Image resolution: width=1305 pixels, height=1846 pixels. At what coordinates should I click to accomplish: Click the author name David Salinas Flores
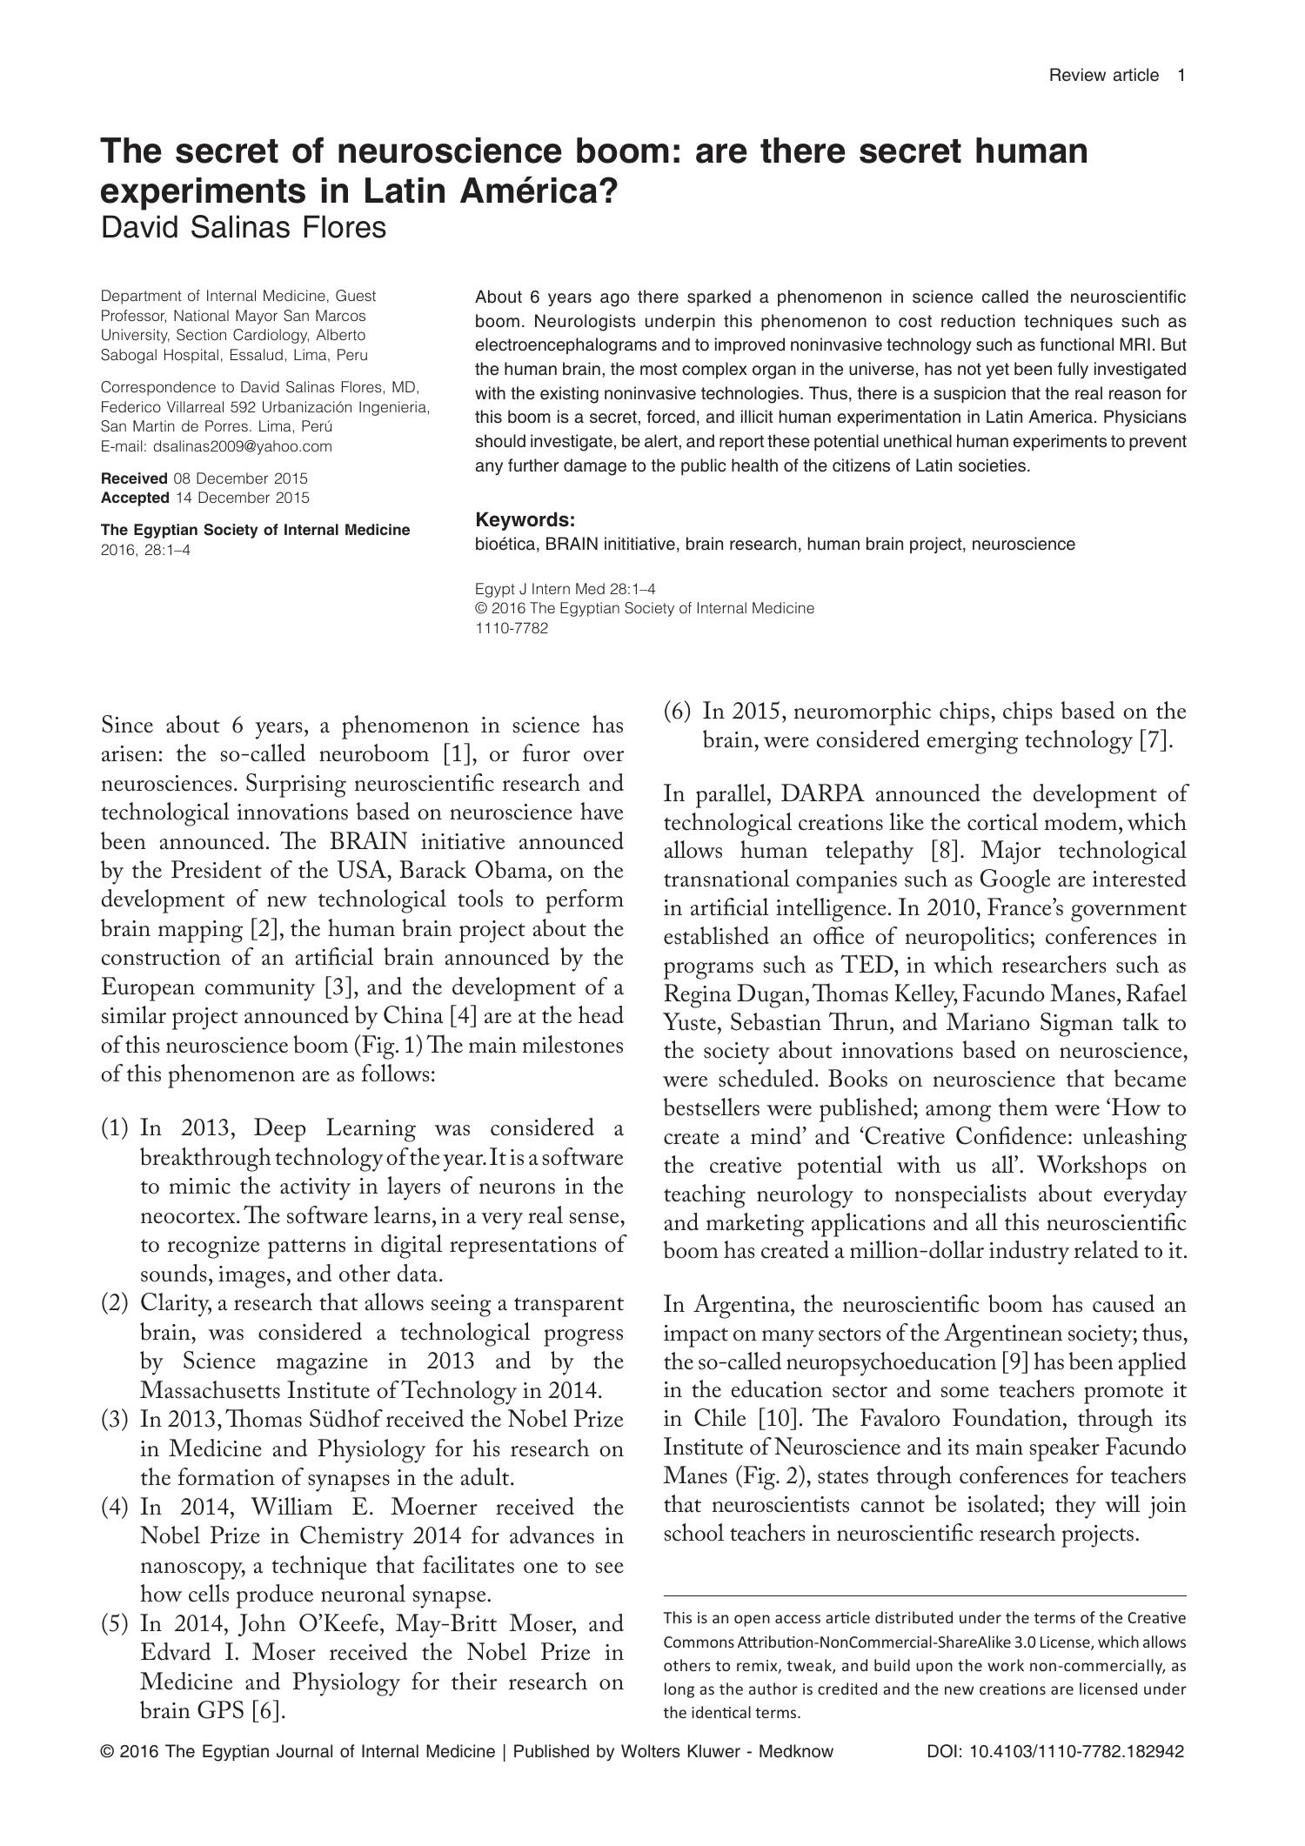[244, 228]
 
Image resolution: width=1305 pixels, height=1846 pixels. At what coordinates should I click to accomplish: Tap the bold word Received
[135, 478]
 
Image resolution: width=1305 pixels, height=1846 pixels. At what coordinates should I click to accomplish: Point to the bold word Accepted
[135, 498]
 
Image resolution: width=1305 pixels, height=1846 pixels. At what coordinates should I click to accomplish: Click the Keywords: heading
[525, 520]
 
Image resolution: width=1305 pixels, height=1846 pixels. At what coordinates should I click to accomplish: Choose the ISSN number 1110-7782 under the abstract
[512, 628]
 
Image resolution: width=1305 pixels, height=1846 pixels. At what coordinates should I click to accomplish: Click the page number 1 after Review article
[1181, 76]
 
